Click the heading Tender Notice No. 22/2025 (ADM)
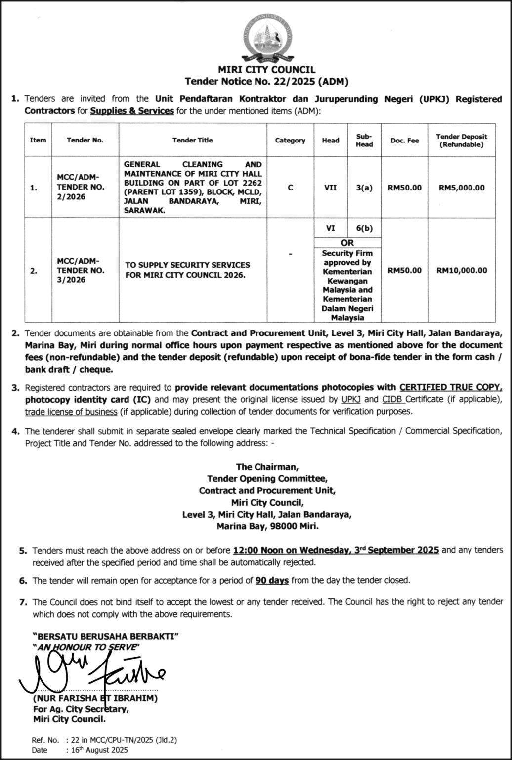(x=267, y=81)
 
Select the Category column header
(x=290, y=141)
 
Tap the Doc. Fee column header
(x=404, y=141)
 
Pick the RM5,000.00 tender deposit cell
(x=462, y=188)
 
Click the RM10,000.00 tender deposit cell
(x=462, y=270)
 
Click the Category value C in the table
(x=290, y=188)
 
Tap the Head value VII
(x=330, y=188)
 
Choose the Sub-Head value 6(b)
(x=364, y=228)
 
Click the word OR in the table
(x=347, y=243)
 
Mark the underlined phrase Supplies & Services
(x=132, y=111)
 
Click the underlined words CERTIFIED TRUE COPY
(x=451, y=387)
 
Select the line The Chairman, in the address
(x=267, y=467)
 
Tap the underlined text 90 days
(x=272, y=580)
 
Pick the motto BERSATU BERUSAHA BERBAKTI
(x=105, y=636)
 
